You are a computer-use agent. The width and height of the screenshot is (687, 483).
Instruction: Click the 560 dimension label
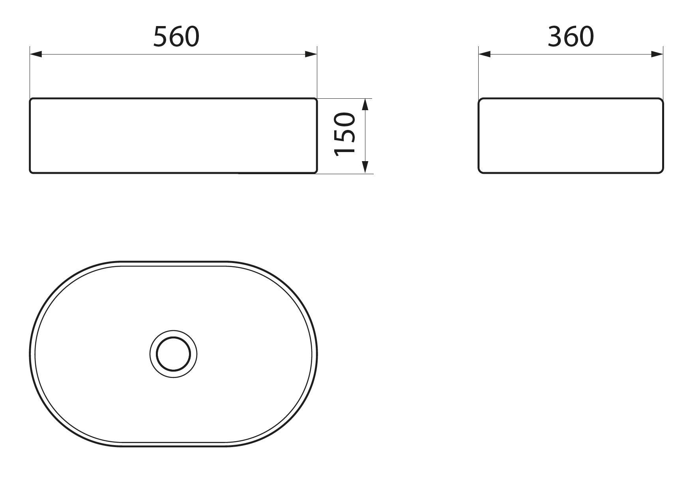[176, 37]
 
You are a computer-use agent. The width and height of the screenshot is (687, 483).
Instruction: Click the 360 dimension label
[571, 37]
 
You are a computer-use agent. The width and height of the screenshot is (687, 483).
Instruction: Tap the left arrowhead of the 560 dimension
[36, 54]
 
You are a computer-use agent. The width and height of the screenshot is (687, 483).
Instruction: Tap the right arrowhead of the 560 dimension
[311, 54]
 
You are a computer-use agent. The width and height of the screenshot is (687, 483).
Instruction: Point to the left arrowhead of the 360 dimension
[485, 54]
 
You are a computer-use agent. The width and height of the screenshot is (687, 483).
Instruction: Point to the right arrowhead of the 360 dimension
[657, 54]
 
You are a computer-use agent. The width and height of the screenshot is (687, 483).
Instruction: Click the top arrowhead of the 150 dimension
[365, 104]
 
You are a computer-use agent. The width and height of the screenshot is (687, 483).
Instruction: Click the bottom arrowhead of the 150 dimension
[365, 167]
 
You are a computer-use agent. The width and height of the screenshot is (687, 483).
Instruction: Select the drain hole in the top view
[173, 353]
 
